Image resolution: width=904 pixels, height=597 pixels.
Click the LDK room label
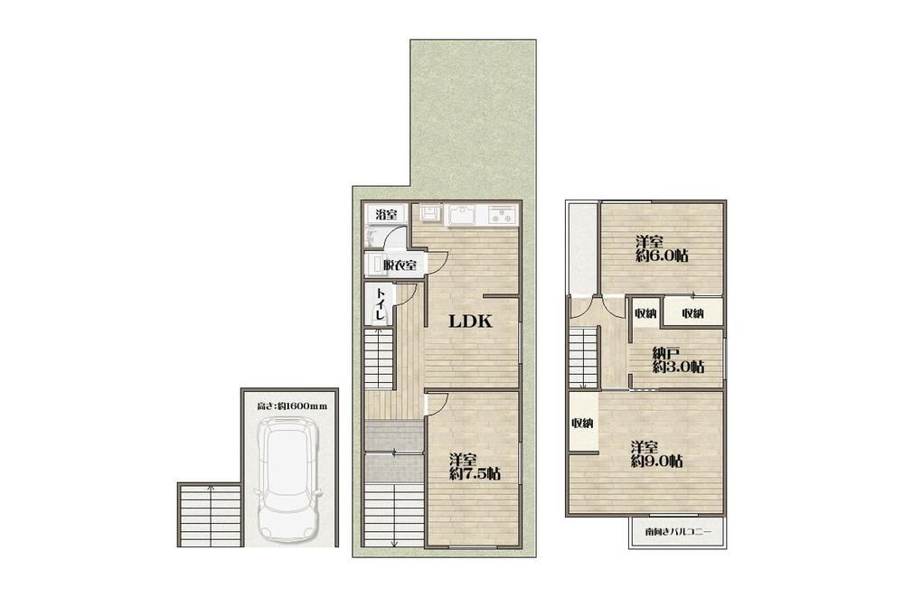470,322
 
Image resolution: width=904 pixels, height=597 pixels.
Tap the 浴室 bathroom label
386,215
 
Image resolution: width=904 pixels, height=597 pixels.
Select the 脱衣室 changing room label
400,266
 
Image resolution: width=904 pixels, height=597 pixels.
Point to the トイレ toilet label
380,304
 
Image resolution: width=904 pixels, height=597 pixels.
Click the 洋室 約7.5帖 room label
475,467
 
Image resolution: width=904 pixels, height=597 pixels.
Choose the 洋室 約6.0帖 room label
662,248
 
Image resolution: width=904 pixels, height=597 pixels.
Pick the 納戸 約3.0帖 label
678,359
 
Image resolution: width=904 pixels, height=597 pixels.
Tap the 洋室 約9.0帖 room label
657,454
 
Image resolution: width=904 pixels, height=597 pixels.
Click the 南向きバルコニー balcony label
679,532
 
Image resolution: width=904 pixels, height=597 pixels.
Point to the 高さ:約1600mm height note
292,406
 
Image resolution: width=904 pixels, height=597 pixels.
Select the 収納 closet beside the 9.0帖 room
582,423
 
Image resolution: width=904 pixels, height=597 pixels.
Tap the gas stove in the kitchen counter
504,214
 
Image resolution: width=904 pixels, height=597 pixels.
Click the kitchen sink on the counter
461,216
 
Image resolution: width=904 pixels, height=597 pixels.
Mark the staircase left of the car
209,515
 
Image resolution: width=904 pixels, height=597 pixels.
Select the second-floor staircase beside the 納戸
583,358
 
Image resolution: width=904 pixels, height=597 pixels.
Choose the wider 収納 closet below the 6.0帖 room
692,313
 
